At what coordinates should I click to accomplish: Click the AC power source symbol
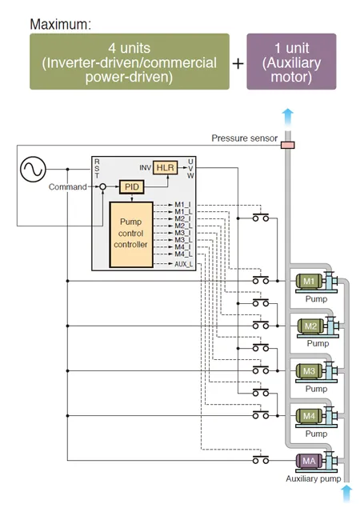[33, 169]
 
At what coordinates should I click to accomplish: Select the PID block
[132, 187]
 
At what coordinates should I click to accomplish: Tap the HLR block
[165, 168]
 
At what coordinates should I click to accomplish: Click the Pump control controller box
[131, 234]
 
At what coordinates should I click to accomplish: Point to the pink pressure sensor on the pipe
[288, 145]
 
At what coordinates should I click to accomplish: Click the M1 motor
[309, 282]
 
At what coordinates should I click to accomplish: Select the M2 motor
[310, 326]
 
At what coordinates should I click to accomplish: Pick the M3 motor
[309, 371]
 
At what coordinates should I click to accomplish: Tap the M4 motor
[309, 416]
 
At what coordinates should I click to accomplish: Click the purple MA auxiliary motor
[309, 461]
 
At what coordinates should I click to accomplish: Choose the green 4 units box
[130, 62]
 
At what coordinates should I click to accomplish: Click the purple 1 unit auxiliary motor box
[291, 62]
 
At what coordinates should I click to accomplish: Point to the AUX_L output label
[184, 264]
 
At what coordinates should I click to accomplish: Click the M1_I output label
[182, 205]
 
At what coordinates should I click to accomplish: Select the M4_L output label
[183, 254]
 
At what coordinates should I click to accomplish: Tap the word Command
[68, 187]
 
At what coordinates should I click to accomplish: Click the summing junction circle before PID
[102, 187]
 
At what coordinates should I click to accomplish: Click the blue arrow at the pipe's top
[288, 117]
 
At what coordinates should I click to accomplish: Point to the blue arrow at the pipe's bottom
[346, 493]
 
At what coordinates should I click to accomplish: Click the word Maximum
[61, 25]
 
